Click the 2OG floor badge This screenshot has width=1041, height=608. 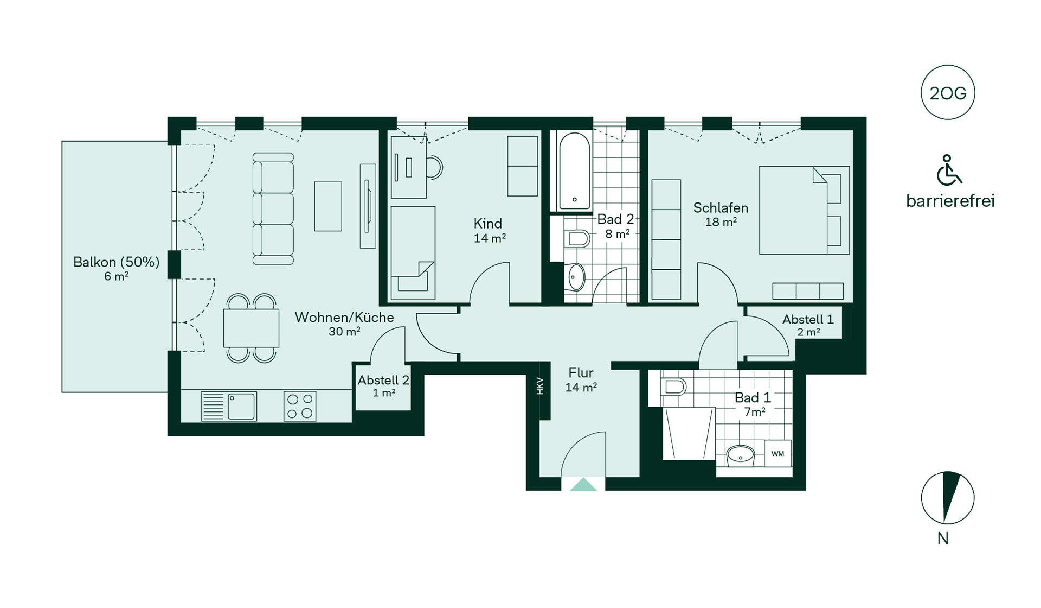[x=948, y=93]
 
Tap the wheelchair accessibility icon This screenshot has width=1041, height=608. [x=949, y=170]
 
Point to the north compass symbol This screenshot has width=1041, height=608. [x=948, y=498]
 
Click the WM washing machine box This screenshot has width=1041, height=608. [x=777, y=453]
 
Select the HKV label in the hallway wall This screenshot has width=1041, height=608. [x=540, y=386]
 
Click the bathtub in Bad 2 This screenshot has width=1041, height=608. [x=574, y=171]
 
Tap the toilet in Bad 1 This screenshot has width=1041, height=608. [x=674, y=387]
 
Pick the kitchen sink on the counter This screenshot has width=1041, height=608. [x=229, y=406]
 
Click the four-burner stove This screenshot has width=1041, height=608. [x=300, y=406]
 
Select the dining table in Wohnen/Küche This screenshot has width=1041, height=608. [x=251, y=328]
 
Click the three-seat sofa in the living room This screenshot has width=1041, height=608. [x=273, y=209]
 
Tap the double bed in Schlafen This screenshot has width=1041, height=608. [x=804, y=210]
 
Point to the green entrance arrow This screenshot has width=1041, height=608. [x=583, y=484]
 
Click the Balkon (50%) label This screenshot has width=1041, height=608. [x=117, y=262]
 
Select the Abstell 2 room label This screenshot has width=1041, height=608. [x=383, y=380]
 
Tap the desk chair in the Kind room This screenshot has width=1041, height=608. [x=434, y=167]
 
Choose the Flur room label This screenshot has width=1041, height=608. [x=581, y=373]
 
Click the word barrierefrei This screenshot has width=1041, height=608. [x=950, y=201]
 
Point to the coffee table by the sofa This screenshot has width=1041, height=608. [x=328, y=206]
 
